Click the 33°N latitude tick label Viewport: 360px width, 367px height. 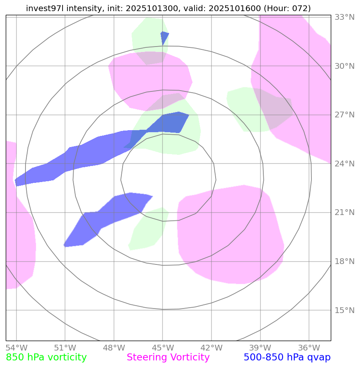tap(344, 17)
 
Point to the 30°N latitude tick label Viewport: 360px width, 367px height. tap(344, 66)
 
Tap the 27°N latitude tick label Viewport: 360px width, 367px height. tap(344, 115)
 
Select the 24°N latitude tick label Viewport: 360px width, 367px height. tap(344, 164)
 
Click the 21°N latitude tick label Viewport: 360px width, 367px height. tap(344, 213)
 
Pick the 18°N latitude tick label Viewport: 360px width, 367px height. tap(344, 262)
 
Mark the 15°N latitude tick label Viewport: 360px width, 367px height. tap(344, 310)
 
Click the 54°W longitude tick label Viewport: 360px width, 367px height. tap(16, 348)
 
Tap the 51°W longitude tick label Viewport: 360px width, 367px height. tap(65, 348)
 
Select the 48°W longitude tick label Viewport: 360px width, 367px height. tap(114, 348)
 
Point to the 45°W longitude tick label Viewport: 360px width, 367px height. tap(163, 348)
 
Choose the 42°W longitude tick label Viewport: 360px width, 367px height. tap(211, 348)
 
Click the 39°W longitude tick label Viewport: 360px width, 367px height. tap(260, 348)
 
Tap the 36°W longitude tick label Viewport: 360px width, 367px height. tap(309, 348)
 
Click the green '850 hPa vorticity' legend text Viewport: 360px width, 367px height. tap(46, 358)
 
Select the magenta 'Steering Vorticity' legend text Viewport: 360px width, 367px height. tap(168, 358)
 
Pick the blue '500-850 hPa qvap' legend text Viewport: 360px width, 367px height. tap(287, 358)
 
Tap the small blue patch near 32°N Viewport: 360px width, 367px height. tap(164, 36)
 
